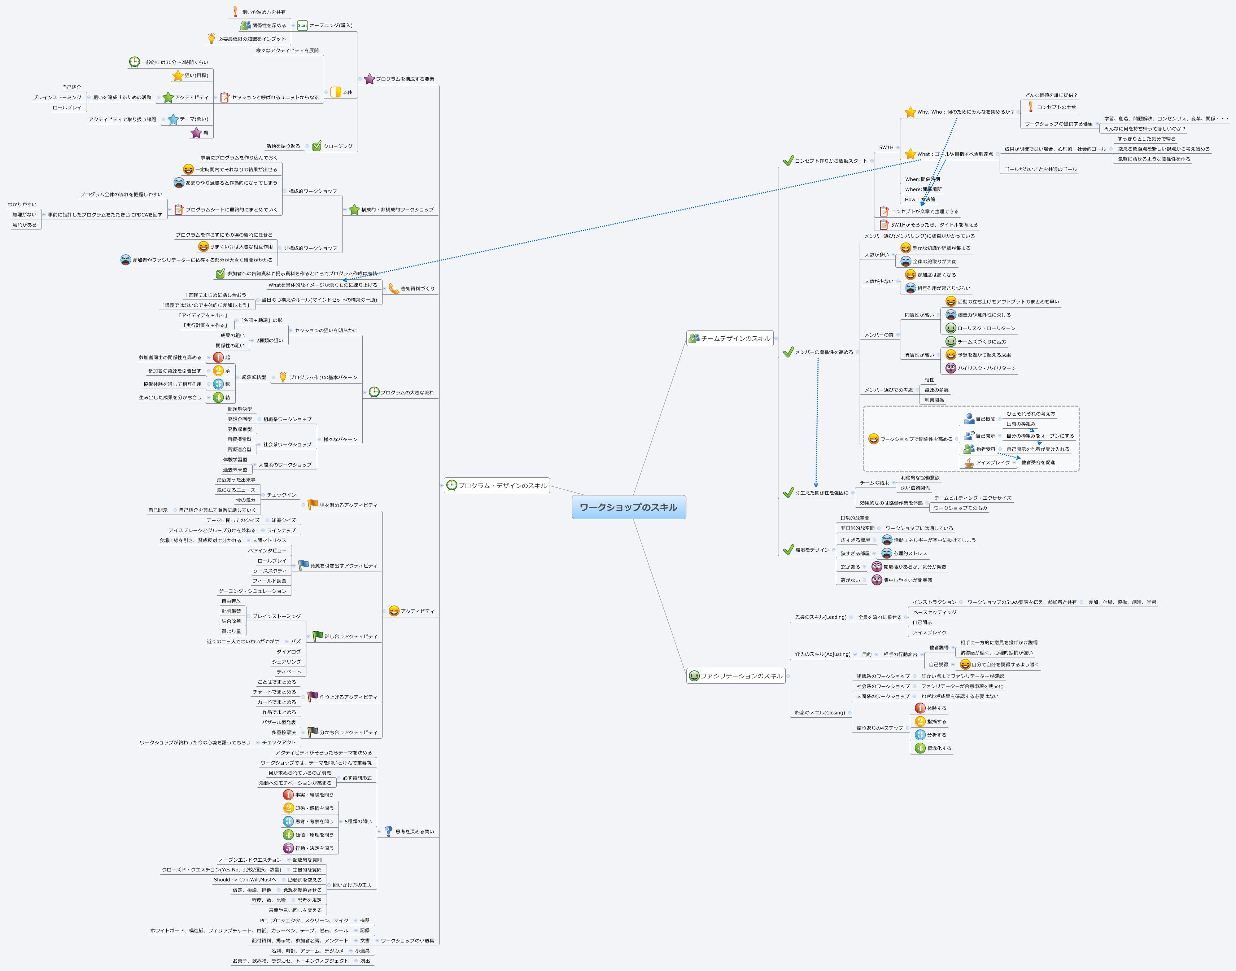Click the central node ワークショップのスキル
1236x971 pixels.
(628, 507)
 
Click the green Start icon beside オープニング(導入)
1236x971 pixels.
(302, 26)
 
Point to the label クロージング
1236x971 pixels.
(338, 146)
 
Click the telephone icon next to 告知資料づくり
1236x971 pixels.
(393, 289)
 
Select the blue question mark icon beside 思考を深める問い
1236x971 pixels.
(388, 831)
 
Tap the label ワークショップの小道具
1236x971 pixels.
(407, 941)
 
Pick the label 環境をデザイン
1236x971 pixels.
(812, 550)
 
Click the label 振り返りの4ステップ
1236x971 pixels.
(879, 728)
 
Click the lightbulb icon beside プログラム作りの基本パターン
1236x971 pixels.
(283, 377)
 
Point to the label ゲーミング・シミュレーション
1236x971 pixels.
(252, 591)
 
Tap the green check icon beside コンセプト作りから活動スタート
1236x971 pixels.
(788, 161)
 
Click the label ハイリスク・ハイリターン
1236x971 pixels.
(986, 368)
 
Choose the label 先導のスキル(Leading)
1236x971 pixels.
(820, 617)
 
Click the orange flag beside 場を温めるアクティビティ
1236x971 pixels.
(313, 504)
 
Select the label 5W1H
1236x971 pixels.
(886, 147)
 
